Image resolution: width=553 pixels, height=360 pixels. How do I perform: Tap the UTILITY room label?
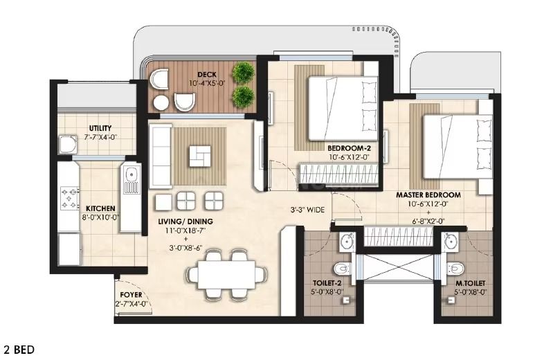click(x=100, y=128)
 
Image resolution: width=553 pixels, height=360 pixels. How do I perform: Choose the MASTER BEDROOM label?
click(x=428, y=195)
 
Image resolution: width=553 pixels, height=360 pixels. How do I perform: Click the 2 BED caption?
click(x=19, y=350)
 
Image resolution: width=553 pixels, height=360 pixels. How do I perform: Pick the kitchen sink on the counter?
click(x=130, y=180)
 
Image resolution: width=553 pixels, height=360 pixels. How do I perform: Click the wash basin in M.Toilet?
click(x=451, y=243)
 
